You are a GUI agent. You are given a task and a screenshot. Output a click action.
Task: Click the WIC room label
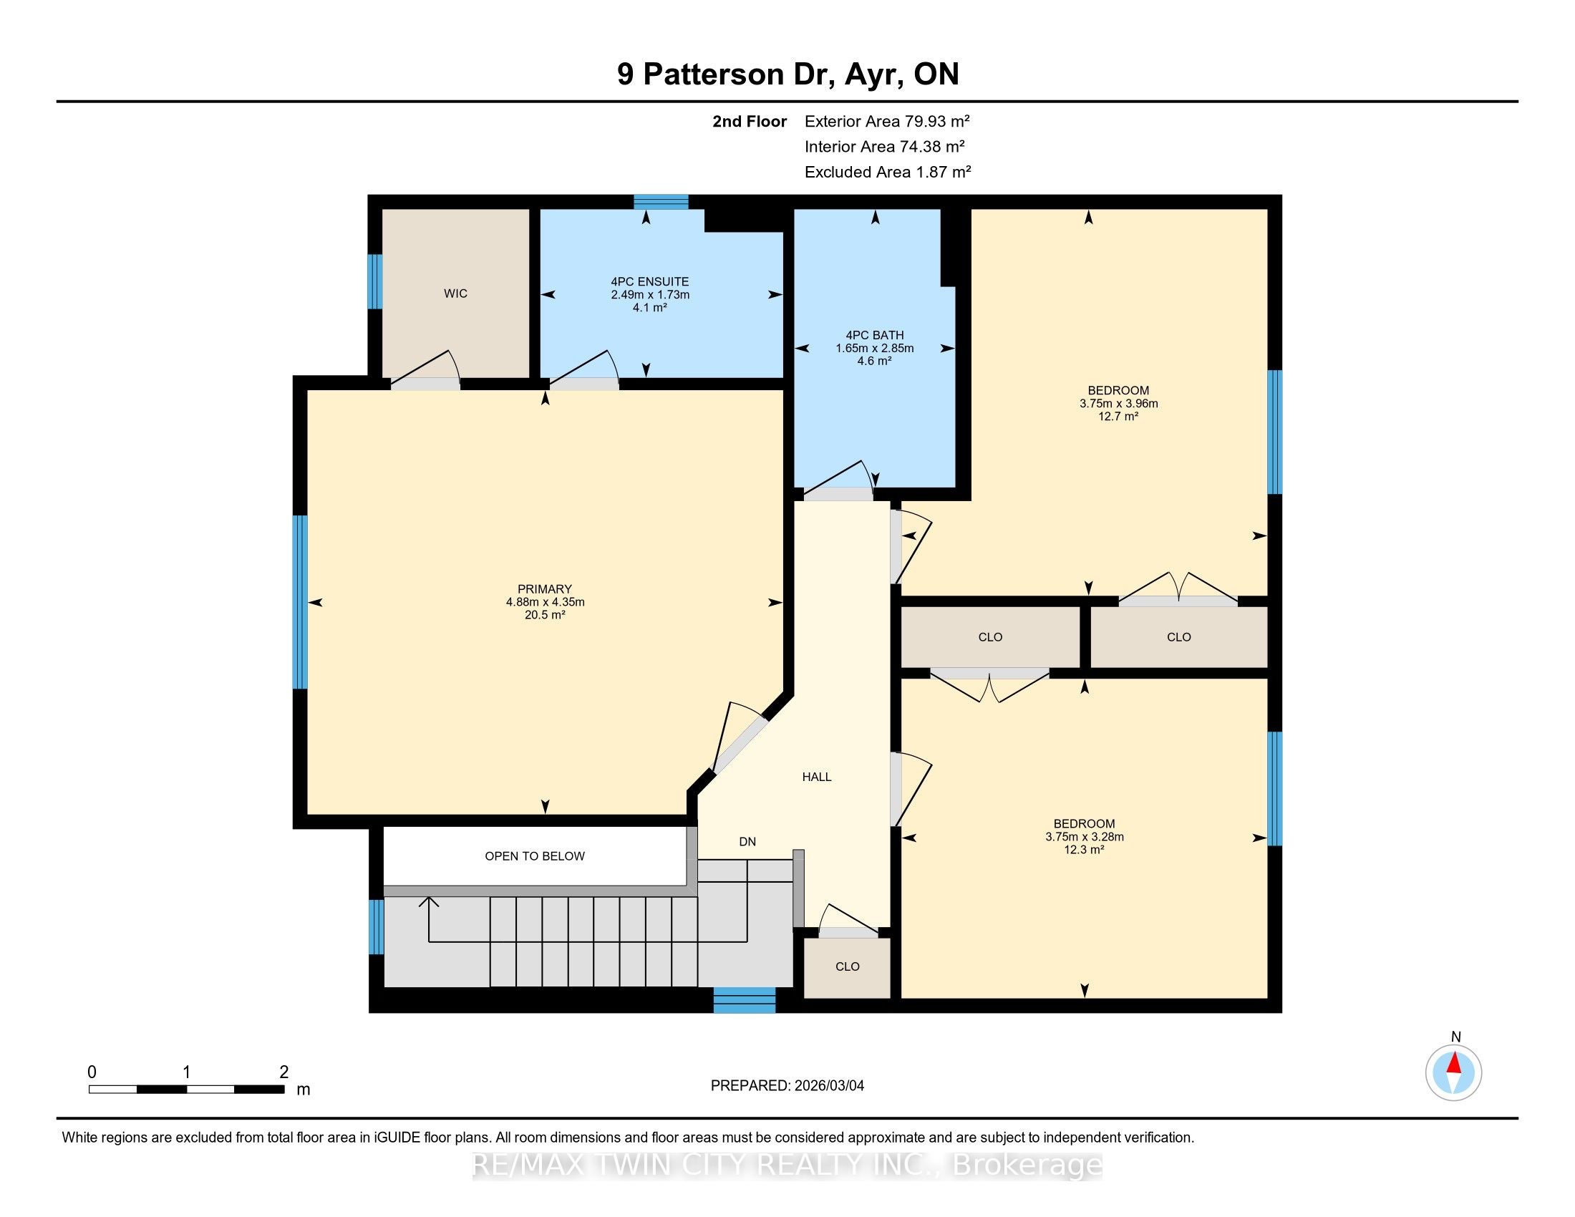(456, 294)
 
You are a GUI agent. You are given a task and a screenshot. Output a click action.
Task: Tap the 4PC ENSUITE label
(650, 282)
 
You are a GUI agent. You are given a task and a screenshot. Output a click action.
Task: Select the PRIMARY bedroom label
(545, 589)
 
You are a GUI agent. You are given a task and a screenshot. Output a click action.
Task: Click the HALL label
(817, 777)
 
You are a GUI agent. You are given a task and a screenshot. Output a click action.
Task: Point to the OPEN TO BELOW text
(534, 855)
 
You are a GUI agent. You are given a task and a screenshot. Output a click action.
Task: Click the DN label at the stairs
(747, 841)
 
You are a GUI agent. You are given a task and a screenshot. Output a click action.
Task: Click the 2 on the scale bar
(284, 1072)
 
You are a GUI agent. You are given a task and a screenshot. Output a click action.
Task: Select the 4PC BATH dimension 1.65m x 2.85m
(875, 348)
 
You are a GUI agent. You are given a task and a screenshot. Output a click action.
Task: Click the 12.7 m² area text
(1118, 416)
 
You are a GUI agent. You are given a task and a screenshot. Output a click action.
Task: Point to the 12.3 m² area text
(1084, 849)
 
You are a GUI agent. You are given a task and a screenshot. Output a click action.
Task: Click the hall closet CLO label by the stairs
(848, 966)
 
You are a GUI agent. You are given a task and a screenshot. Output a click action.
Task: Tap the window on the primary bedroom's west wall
(300, 602)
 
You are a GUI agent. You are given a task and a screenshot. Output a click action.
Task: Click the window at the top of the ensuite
(661, 202)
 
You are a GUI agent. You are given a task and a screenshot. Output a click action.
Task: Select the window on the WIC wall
(375, 282)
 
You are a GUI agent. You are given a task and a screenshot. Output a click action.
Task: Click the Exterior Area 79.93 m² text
(887, 121)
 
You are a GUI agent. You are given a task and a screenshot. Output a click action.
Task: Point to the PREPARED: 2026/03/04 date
(787, 1086)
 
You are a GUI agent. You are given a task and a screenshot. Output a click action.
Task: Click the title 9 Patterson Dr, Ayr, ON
(787, 74)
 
